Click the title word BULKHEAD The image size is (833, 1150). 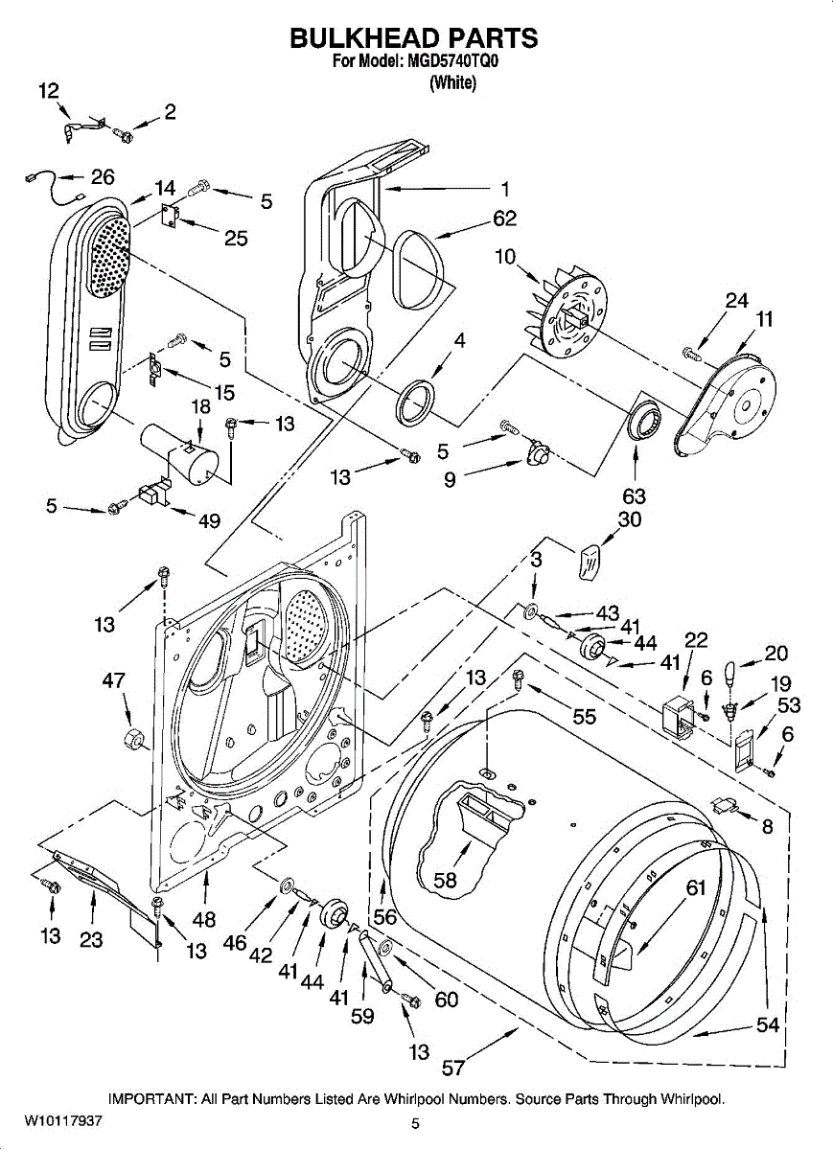tap(362, 38)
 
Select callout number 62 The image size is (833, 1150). tap(504, 218)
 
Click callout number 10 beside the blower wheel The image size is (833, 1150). tap(505, 256)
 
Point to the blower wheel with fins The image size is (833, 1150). tap(567, 319)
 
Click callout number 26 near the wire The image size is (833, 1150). tap(103, 177)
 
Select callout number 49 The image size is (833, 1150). tap(209, 520)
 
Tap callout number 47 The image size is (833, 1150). tap(113, 680)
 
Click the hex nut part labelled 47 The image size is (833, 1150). tap(132, 739)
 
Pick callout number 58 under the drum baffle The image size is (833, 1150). tap(445, 880)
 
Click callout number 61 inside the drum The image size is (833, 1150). tap(696, 887)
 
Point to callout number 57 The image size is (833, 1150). tap(453, 1069)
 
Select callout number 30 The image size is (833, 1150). tap(630, 519)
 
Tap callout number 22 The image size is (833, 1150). tap(696, 639)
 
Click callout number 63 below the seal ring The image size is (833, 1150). tap(634, 496)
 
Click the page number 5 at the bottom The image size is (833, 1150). tap(415, 1124)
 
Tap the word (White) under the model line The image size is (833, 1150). tap(452, 82)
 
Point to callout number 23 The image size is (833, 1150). tap(91, 939)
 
